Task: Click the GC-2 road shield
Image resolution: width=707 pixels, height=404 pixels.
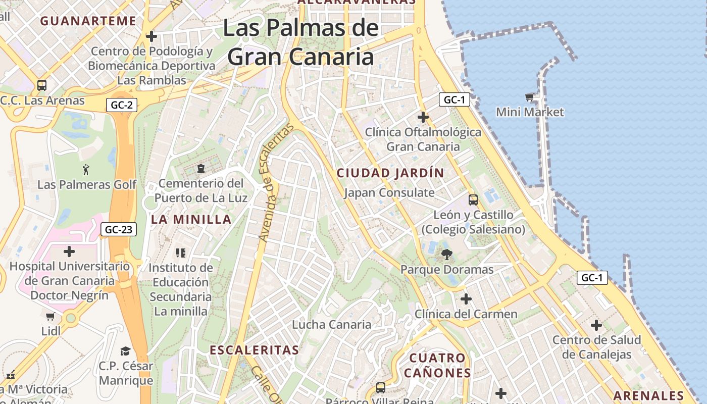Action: tap(122, 105)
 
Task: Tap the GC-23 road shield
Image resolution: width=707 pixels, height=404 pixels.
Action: tap(119, 230)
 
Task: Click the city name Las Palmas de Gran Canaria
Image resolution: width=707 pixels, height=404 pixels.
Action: tap(300, 42)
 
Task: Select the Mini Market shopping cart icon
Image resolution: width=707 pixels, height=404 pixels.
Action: tap(529, 97)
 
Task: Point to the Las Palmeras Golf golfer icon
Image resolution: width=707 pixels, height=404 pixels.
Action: tap(85, 169)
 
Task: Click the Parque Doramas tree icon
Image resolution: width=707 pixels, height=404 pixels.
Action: tap(446, 255)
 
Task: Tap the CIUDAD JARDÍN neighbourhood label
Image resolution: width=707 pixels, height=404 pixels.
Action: tap(390, 173)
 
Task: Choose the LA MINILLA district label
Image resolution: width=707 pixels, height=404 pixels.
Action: tap(191, 220)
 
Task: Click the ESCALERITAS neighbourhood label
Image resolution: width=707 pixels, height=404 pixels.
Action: tap(254, 350)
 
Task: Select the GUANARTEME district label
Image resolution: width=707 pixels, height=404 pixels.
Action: tap(88, 21)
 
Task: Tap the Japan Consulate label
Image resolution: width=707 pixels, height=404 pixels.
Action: tap(389, 192)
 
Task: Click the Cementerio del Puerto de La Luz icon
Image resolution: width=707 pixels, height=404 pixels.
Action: tap(201, 168)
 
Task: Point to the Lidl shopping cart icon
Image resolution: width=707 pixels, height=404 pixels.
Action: tap(50, 317)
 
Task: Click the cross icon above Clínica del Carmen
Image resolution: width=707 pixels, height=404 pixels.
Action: tap(466, 299)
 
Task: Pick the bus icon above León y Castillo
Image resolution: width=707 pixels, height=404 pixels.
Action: tap(473, 199)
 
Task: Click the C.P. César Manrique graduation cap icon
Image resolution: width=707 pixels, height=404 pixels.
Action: tap(125, 351)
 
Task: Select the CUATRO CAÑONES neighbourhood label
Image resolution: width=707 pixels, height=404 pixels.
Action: tap(437, 366)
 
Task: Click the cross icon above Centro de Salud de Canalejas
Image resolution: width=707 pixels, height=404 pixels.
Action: tap(596, 325)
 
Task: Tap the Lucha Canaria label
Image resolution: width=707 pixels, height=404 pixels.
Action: tap(332, 325)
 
